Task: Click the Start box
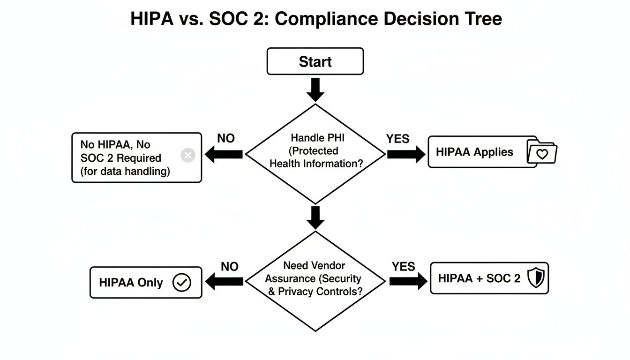pyautogui.click(x=315, y=61)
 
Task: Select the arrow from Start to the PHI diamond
pyautogui.click(x=315, y=90)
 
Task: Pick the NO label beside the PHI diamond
pyautogui.click(x=226, y=138)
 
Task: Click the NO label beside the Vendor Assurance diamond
pyautogui.click(x=230, y=266)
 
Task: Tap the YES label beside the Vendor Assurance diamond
pyautogui.click(x=404, y=266)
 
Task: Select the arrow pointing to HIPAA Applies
pyautogui.click(x=405, y=154)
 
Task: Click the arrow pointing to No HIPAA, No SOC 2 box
pyautogui.click(x=225, y=154)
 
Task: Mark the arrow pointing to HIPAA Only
pyautogui.click(x=225, y=281)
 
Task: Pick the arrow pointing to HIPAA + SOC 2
pyautogui.click(x=408, y=281)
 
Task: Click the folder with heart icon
pyautogui.click(x=542, y=152)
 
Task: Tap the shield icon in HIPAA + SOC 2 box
pyautogui.click(x=535, y=278)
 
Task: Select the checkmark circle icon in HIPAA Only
pyautogui.click(x=182, y=283)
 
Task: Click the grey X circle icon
pyautogui.click(x=188, y=156)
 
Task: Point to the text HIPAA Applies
pyautogui.click(x=474, y=152)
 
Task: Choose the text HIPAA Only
pyautogui.click(x=131, y=283)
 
